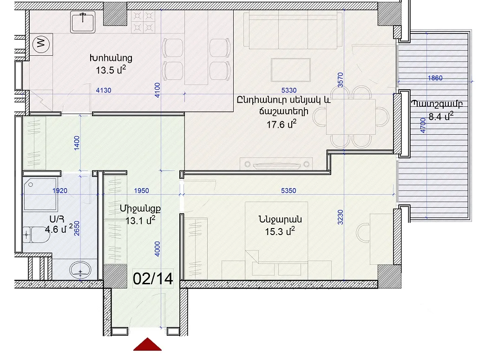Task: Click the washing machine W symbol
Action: [41, 43]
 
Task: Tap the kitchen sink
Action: [83, 22]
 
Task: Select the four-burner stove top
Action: [143, 22]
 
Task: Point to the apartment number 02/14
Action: [153, 278]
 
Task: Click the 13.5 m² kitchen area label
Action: [111, 70]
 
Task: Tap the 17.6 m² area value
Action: [281, 124]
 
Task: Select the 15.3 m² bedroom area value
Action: [280, 231]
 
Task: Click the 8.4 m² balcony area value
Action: [441, 117]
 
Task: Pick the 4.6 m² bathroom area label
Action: [59, 229]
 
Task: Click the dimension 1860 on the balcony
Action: [435, 78]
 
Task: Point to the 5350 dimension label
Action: [288, 190]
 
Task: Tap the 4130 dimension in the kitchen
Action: [103, 90]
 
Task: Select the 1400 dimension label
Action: [77, 143]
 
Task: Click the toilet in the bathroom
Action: [36, 235]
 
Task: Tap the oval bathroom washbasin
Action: [80, 270]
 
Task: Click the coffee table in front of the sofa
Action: [291, 70]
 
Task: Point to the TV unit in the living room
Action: [276, 164]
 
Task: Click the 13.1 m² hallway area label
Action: [140, 220]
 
